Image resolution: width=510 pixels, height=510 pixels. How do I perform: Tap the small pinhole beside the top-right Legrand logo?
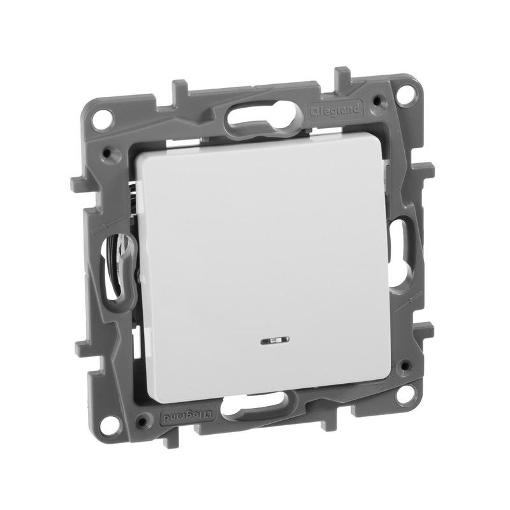coord(381,100)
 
